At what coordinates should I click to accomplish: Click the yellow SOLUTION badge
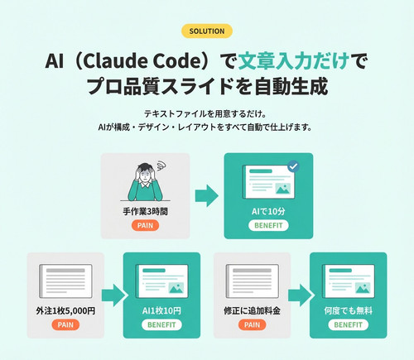click(x=207, y=31)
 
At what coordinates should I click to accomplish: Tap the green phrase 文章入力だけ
click(x=293, y=61)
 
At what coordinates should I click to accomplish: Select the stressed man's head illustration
click(x=146, y=173)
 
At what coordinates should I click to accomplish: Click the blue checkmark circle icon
click(x=293, y=166)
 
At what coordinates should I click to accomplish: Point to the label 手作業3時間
click(x=145, y=212)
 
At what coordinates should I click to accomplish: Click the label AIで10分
click(x=268, y=212)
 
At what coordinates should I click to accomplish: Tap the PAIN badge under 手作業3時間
click(x=145, y=225)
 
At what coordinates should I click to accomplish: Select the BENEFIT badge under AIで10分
click(x=268, y=225)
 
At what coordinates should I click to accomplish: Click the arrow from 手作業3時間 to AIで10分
click(x=207, y=196)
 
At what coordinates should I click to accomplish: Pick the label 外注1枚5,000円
click(x=65, y=311)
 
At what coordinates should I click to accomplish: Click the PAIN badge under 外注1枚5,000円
click(x=65, y=324)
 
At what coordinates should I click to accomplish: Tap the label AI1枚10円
click(x=161, y=311)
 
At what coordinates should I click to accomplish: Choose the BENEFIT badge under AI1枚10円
click(x=161, y=324)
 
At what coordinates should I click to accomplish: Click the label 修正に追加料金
click(x=252, y=311)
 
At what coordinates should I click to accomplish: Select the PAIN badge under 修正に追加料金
click(x=252, y=324)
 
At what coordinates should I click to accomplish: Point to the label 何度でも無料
click(x=349, y=311)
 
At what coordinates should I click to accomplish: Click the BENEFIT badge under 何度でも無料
click(x=349, y=324)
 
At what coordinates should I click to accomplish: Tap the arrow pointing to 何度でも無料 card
click(x=300, y=295)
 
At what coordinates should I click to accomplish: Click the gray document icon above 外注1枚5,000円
click(x=65, y=281)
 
